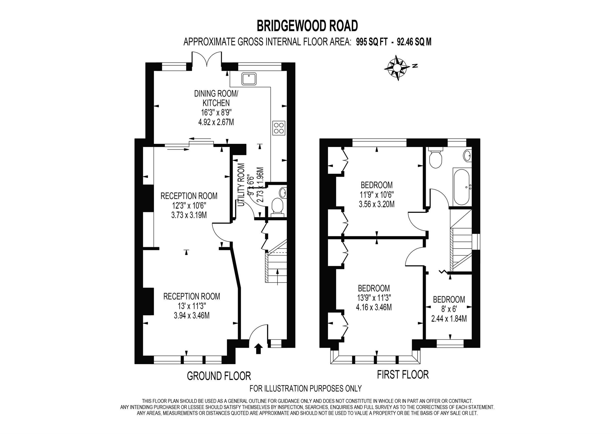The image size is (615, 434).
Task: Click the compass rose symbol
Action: click(x=397, y=68)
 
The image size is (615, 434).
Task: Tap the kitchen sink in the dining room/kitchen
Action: click(x=249, y=79)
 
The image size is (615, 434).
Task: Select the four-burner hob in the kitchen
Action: click(x=279, y=128)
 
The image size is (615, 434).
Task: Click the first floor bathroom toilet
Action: click(x=436, y=159)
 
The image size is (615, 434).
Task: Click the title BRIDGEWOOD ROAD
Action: click(x=307, y=26)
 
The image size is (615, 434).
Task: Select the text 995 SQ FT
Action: click(x=371, y=42)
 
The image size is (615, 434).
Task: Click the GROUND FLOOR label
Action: click(x=219, y=376)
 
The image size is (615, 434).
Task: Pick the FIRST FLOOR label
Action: click(x=403, y=375)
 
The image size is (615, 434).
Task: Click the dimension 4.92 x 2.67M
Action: click(x=216, y=122)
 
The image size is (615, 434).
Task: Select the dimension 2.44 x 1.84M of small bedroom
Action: click(x=449, y=319)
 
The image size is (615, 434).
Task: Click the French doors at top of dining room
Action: click(x=207, y=59)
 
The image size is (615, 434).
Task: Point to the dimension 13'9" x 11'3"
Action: click(x=374, y=298)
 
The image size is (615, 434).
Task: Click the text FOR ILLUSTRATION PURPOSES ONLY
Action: click(x=305, y=388)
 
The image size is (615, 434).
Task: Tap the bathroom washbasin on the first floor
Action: click(x=467, y=155)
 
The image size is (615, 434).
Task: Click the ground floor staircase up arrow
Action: click(x=277, y=276)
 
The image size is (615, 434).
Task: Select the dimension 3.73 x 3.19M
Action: click(x=189, y=215)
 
